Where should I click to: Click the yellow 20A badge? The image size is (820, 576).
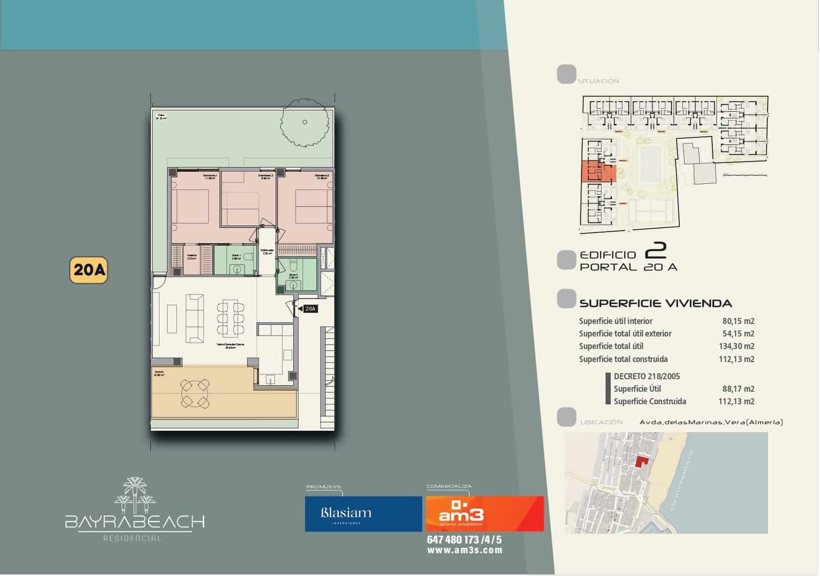88,270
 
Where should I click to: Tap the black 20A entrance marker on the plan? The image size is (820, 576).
310,309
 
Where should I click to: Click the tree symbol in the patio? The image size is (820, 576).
304,122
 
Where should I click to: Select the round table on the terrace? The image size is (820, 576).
195,392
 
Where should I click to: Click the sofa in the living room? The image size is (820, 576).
194,318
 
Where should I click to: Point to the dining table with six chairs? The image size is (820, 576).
230,319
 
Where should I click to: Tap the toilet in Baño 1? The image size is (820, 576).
249,256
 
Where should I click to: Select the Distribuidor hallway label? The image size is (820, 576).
268,251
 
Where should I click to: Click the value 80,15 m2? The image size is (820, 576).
738,321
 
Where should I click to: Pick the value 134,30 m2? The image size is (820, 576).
736,346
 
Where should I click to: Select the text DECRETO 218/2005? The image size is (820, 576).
646,376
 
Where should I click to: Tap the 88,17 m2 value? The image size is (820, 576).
738,389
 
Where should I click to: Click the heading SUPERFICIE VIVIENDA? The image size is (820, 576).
655,303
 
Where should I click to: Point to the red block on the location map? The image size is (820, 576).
641,461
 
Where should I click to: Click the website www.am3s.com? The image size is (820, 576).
464,550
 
